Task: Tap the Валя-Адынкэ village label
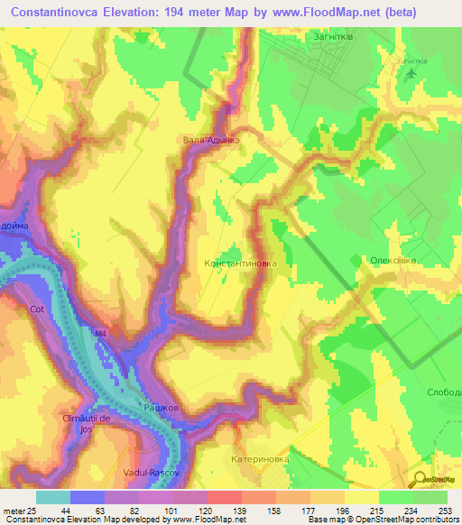(211, 141)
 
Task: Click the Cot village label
(37, 309)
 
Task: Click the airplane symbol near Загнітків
(412, 72)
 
